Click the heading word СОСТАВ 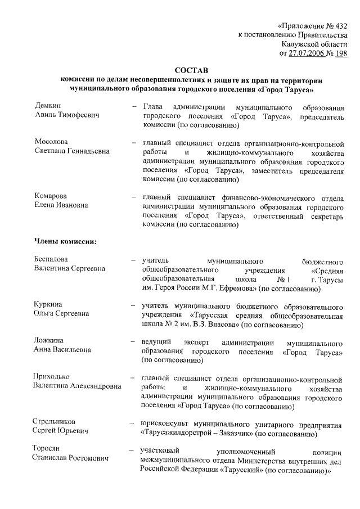point(191,70)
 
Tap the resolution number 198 point(340,53)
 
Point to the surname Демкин point(48,106)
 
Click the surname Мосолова point(51,142)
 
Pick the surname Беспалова point(52,259)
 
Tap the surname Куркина point(48,304)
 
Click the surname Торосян point(49,450)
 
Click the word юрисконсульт point(163,422)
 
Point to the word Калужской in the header point(300,44)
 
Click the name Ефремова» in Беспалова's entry point(236,289)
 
